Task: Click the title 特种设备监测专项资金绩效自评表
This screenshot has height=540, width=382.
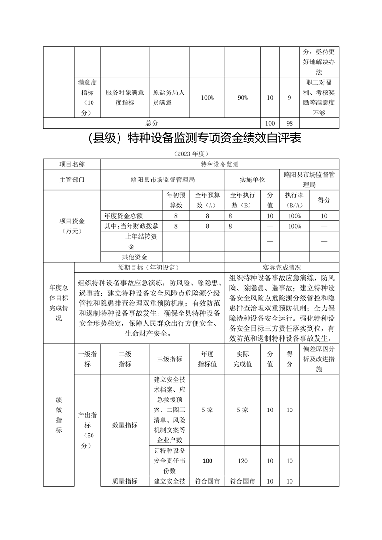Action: click(x=191, y=139)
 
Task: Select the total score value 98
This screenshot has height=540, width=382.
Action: click(x=289, y=123)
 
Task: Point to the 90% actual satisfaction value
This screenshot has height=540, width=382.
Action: click(x=243, y=98)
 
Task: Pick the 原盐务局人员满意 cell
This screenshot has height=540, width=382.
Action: click(x=169, y=98)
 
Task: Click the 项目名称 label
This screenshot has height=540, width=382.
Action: click(x=72, y=164)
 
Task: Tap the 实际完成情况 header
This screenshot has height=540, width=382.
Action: click(x=282, y=267)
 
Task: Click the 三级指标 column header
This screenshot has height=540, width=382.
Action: click(x=169, y=359)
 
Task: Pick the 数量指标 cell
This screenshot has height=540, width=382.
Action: click(x=125, y=424)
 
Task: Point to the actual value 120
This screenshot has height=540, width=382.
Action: click(x=243, y=461)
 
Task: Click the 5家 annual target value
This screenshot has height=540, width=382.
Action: click(x=207, y=410)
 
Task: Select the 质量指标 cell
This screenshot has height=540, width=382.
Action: click(x=125, y=481)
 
